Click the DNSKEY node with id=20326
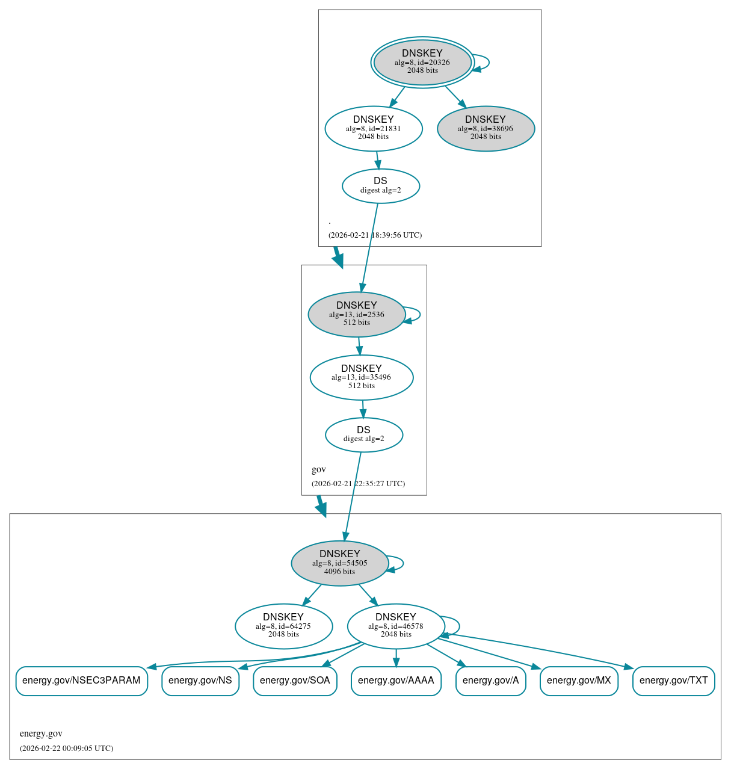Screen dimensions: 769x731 [422, 62]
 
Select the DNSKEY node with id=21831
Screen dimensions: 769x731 [374, 128]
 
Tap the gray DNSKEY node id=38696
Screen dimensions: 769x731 [486, 128]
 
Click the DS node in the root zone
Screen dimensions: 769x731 [380, 186]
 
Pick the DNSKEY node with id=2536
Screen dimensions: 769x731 [357, 314]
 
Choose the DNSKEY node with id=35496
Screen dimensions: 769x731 [362, 377]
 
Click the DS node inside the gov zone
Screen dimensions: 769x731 [363, 434]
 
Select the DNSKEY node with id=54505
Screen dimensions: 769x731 [340, 563]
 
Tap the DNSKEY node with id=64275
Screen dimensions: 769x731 [283, 626]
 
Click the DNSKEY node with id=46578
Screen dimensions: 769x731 [396, 626]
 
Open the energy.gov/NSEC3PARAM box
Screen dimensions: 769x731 [81, 681]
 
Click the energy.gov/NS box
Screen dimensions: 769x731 [200, 681]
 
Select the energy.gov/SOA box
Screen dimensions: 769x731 [295, 681]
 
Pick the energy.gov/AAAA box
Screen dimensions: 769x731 [396, 681]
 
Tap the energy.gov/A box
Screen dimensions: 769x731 [490, 681]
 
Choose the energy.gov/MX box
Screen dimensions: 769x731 [579, 681]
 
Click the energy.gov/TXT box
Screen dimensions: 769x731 [673, 681]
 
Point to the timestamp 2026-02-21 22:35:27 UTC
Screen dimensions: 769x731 [358, 483]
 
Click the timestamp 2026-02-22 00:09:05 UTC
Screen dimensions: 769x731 [66, 748]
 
